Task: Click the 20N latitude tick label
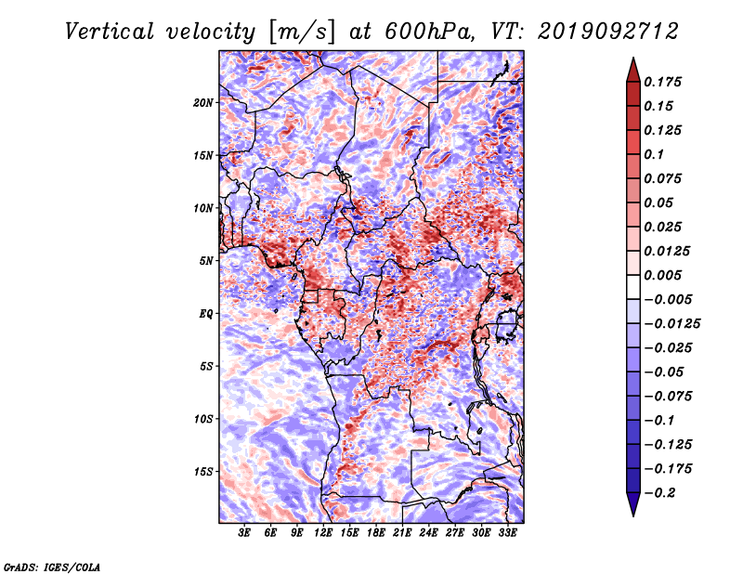[203, 103]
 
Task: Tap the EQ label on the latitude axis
[206, 314]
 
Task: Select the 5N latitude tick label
[206, 261]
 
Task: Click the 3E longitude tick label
[244, 533]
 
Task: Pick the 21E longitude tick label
[402, 533]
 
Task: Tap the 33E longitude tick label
[507, 533]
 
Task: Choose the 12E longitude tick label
[322, 533]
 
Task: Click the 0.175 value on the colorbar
[662, 82]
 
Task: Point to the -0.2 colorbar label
[659, 493]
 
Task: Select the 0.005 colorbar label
[662, 275]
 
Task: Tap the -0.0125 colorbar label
[671, 324]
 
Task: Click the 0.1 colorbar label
[654, 154]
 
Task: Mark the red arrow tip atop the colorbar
[633, 58]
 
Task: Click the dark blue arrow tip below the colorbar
[633, 515]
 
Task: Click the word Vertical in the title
[110, 32]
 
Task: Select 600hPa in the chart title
[429, 32]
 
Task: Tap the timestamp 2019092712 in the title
[608, 32]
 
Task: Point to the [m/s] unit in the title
[302, 33]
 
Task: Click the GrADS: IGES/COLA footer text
[52, 567]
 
